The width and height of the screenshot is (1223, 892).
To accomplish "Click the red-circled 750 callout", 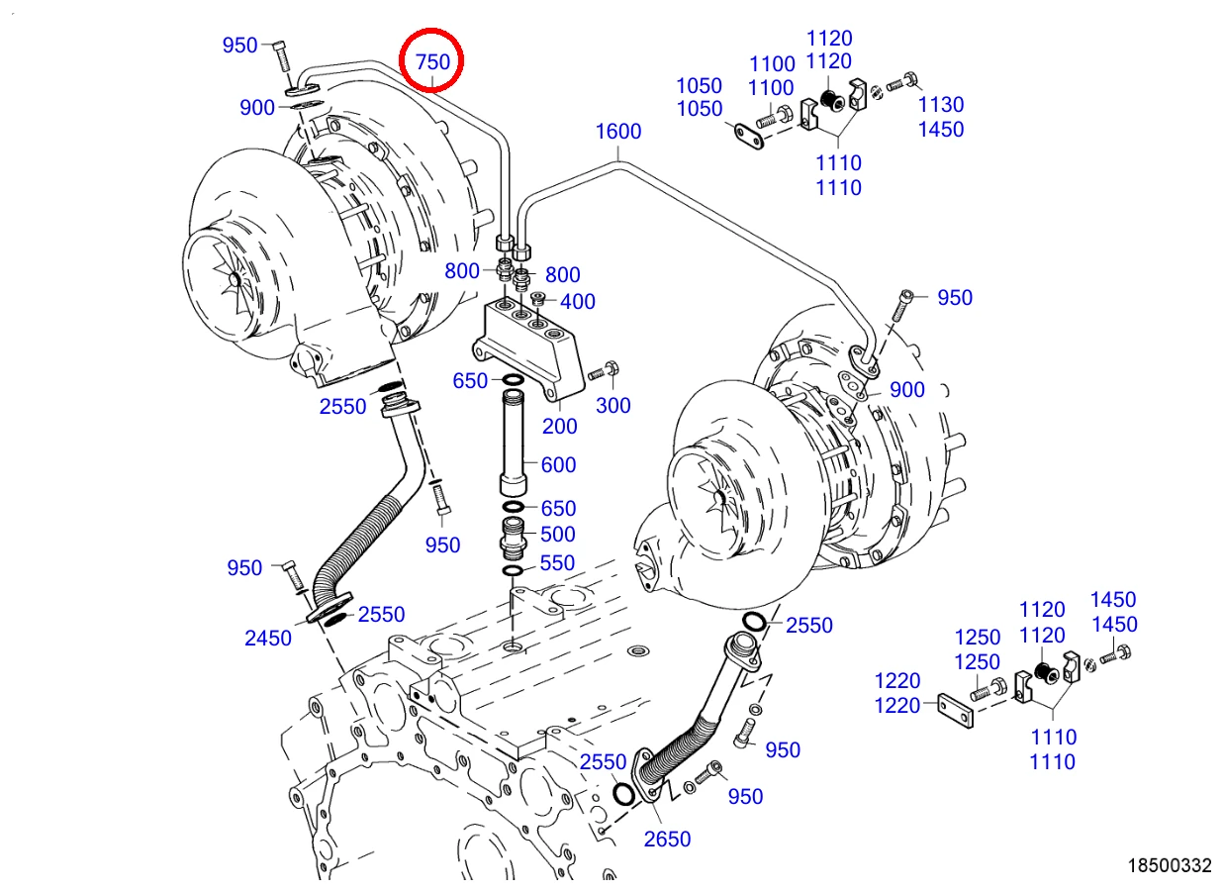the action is tap(432, 61).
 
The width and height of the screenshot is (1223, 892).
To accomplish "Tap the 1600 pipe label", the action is tap(618, 131).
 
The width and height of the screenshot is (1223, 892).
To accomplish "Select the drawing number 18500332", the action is tap(1170, 865).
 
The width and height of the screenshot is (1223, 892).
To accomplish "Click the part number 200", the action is tap(559, 426).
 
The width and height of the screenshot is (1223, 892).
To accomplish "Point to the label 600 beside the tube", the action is tap(558, 465).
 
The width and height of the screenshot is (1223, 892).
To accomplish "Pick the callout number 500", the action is tap(557, 535).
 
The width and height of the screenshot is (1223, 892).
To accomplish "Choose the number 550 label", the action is tap(557, 562).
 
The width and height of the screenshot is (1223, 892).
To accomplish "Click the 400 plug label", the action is tap(577, 302).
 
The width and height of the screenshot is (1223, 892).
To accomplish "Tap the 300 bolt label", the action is tap(612, 405).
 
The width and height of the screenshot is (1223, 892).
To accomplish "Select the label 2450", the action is tap(267, 638).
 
